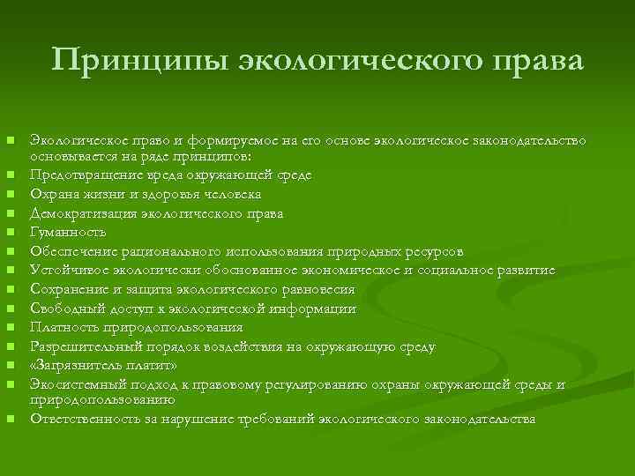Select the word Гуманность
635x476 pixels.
click(x=68, y=233)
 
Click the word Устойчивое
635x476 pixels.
click(x=70, y=271)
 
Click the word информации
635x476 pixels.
click(x=315, y=309)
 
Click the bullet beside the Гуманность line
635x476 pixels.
click(x=10, y=234)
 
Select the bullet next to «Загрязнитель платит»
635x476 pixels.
click(x=10, y=367)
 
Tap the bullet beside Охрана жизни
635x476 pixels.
click(x=10, y=195)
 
